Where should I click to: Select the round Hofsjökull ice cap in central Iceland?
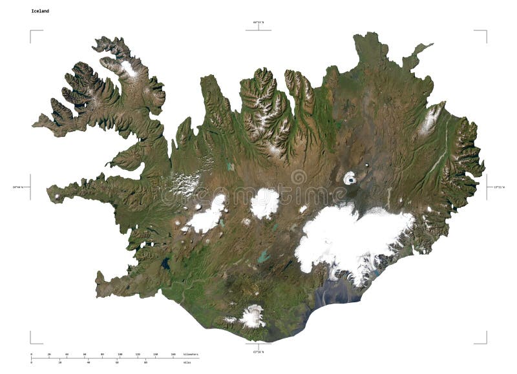coord(264,203)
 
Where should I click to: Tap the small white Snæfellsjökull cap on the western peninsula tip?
coord(58,196)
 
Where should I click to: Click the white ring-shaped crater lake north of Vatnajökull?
coord(350,178)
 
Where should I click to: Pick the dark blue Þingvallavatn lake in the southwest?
coord(166,264)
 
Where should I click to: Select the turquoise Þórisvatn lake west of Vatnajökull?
coord(263,256)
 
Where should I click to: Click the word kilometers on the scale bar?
coord(191,355)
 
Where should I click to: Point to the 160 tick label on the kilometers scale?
coord(173,355)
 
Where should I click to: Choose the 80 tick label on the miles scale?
coord(145,362)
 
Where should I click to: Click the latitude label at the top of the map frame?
coord(258,23)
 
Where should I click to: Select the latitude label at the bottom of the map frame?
coord(258,352)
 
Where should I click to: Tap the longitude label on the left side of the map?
coord(21,187)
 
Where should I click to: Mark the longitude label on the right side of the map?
coord(496,187)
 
